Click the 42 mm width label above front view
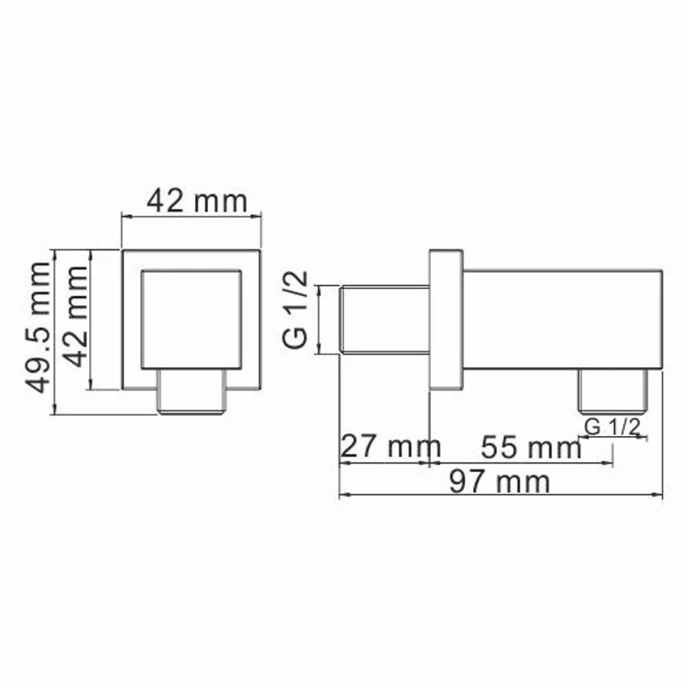(196, 201)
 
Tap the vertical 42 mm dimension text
(77, 316)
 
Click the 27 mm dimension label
(390, 447)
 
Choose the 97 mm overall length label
(501, 482)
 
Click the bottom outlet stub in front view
(191, 394)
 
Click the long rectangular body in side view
(563, 318)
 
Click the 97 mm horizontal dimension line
(501, 495)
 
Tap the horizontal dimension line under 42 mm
(191, 218)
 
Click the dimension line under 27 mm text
(384, 464)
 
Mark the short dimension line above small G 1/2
(611, 437)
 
